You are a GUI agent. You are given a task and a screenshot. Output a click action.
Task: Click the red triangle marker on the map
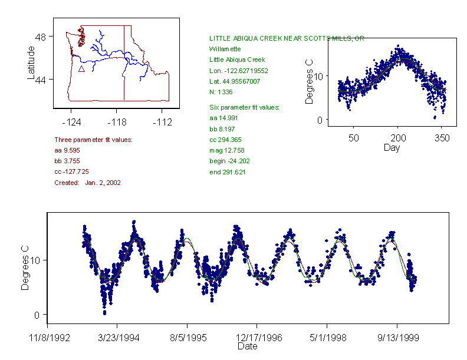click(81, 69)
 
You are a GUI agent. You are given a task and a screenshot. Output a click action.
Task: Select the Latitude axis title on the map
click(31, 62)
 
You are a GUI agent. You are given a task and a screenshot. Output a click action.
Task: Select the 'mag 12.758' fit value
click(228, 150)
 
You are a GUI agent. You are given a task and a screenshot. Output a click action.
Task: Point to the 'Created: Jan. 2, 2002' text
click(87, 183)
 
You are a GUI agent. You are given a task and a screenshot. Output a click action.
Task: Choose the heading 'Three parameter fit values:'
click(93, 140)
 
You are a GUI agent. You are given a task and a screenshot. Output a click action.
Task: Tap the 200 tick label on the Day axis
click(398, 138)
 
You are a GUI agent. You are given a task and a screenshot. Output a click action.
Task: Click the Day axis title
click(391, 147)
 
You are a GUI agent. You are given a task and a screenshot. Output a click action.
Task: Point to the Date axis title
click(247, 346)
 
